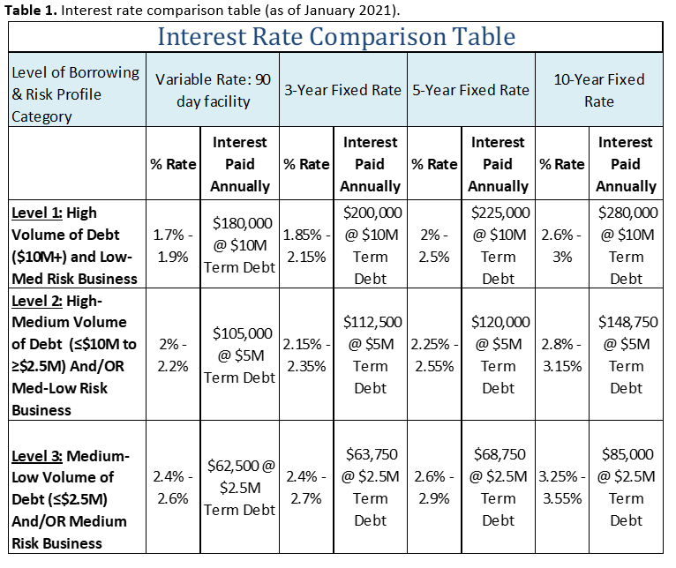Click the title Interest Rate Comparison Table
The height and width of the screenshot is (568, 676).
click(335, 37)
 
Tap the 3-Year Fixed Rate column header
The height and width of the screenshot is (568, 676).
click(342, 90)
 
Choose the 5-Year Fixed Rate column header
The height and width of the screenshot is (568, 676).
click(470, 90)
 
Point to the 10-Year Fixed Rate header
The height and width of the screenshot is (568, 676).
click(598, 90)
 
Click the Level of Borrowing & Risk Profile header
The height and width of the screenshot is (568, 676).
click(76, 93)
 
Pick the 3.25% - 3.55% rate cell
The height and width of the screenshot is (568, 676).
click(562, 487)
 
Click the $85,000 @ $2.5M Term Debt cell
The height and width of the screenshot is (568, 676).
click(626, 487)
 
